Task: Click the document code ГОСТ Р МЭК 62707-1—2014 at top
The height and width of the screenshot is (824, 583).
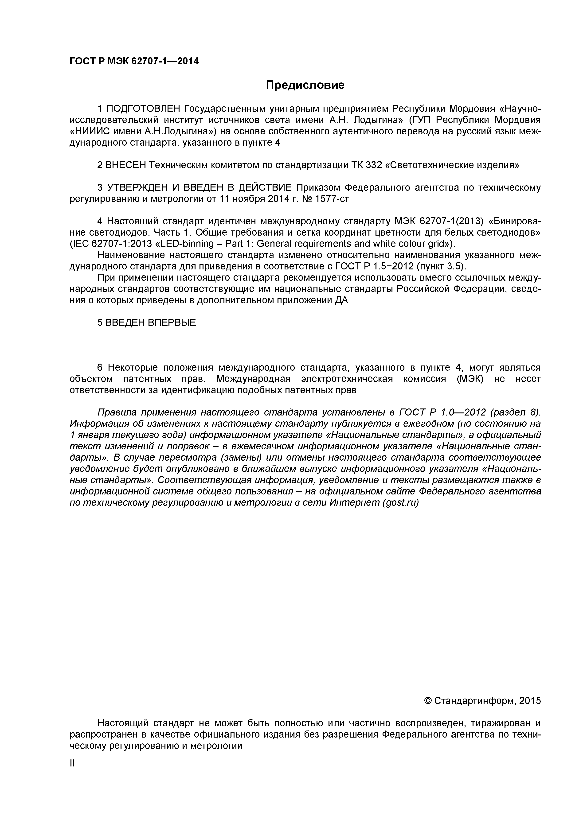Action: coord(134,61)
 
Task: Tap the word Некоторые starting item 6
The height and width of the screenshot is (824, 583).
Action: coord(133,368)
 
